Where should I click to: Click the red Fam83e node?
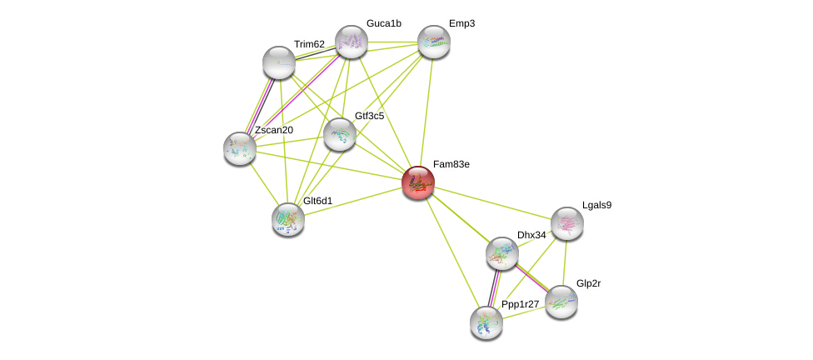418,182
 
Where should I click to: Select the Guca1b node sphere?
352,42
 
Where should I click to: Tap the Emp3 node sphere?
433,42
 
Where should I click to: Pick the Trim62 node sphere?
279,62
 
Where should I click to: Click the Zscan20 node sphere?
240,148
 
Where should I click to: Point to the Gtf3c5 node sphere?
340,134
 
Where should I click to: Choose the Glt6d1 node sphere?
288,219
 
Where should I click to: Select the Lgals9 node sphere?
567,223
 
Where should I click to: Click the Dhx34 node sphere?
502,253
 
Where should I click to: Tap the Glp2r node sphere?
561,302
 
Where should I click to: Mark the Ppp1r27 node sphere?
486,322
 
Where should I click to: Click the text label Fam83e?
451,164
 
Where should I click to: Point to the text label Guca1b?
383,23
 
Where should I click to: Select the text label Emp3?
461,23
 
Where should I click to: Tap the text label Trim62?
309,44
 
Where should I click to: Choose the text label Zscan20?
274,130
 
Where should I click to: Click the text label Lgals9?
596,205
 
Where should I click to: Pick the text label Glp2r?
588,283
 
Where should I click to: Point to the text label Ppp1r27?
520,304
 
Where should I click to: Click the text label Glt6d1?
317,201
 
